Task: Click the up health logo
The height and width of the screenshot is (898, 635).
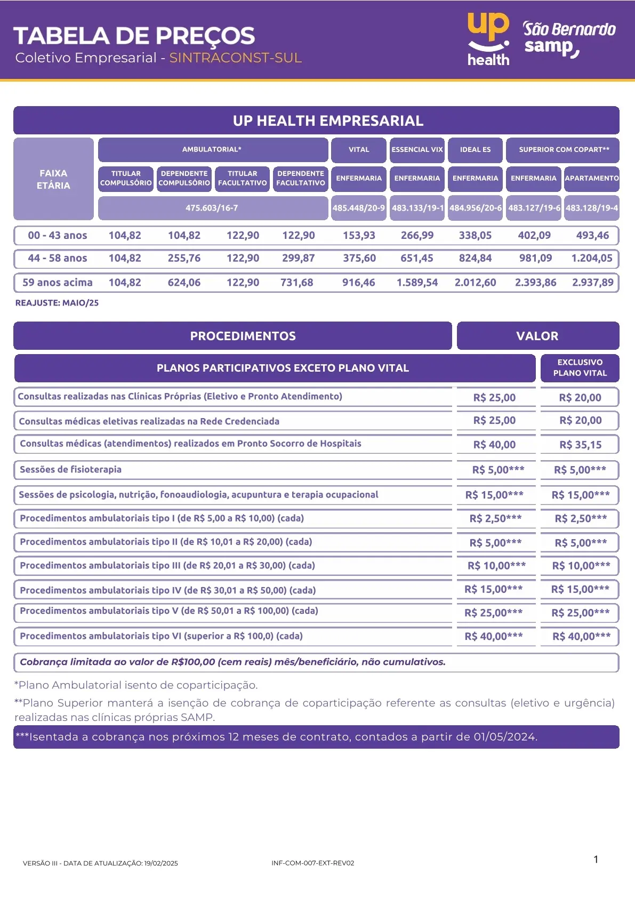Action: pos(488,39)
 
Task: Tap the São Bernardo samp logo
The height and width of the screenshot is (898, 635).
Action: pos(568,38)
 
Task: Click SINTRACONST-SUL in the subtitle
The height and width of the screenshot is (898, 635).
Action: pos(235,58)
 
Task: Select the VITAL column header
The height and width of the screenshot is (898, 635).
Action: pos(358,150)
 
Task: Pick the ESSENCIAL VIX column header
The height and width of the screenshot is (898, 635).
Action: pos(417,150)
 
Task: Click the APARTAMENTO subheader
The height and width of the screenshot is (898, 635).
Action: pos(591,178)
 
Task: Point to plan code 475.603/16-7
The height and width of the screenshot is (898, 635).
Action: pos(212,208)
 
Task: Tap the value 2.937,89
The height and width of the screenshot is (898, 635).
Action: pos(592,283)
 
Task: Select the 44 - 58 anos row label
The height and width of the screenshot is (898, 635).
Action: pos(58,259)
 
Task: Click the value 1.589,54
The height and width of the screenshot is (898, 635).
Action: pos(417,283)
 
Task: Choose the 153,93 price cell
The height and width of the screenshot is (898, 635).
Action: pos(359,236)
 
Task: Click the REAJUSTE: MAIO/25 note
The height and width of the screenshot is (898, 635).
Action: pos(57,303)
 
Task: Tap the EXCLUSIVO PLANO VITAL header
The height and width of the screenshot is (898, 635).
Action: pos(580,368)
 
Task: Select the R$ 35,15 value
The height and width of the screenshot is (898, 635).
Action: pos(580,445)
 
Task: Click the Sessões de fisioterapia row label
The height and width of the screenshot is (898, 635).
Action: pos(70,470)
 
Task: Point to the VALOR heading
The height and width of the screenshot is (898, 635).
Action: pos(537,336)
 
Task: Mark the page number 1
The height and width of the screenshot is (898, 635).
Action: pos(596,859)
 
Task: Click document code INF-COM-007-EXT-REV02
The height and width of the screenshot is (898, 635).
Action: pos(312,863)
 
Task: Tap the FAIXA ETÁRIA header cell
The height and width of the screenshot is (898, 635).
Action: pos(53,179)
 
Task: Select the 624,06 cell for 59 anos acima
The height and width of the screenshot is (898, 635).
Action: pos(184,283)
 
